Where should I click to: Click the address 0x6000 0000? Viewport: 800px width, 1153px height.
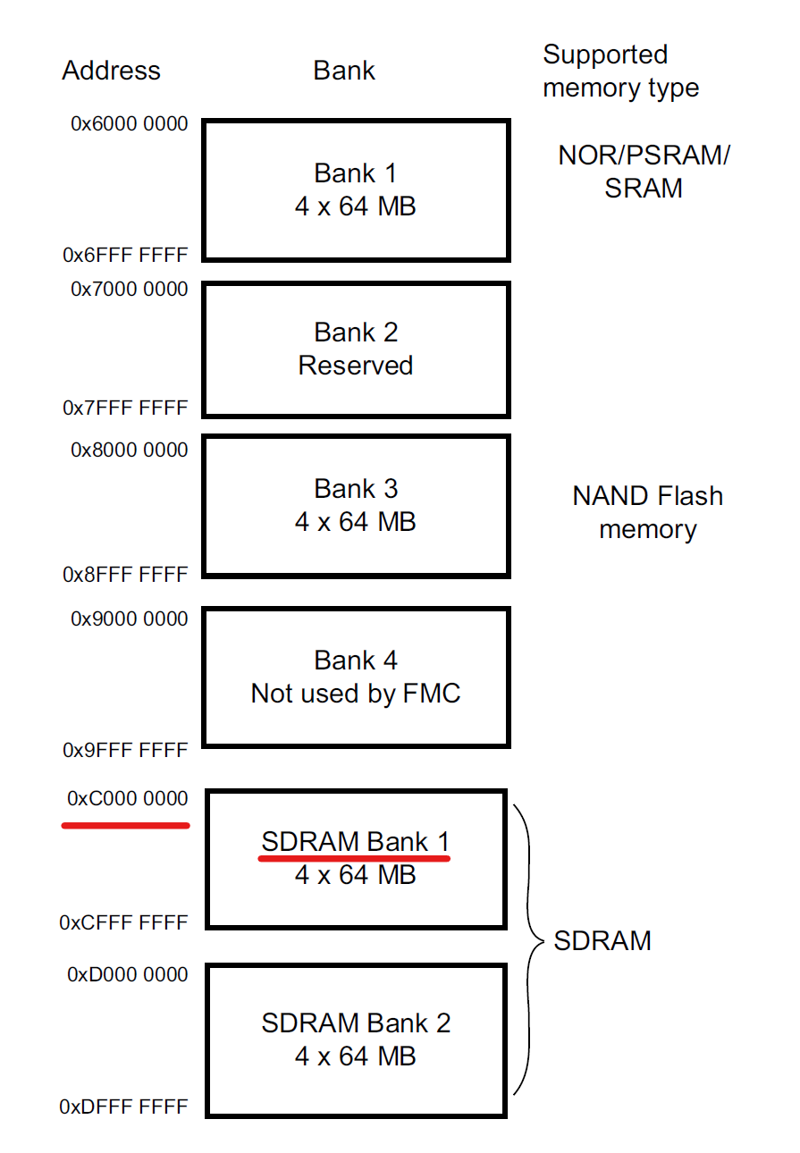(x=130, y=123)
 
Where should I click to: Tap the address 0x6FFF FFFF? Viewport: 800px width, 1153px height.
(x=125, y=255)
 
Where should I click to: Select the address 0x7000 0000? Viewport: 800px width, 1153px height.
(x=130, y=289)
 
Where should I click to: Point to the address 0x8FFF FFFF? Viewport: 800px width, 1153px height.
(x=125, y=575)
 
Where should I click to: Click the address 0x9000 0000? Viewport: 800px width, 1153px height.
(x=130, y=619)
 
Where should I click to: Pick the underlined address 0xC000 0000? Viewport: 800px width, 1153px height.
(x=128, y=798)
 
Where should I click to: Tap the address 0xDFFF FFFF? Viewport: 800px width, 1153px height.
(x=123, y=1107)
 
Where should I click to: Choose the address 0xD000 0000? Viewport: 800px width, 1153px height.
(x=128, y=974)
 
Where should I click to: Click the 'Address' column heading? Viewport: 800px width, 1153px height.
(x=111, y=71)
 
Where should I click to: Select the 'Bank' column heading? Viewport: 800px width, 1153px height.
(x=344, y=71)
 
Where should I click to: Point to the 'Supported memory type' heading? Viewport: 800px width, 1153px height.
(x=620, y=72)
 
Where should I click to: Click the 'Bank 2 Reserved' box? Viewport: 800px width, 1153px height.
(x=356, y=349)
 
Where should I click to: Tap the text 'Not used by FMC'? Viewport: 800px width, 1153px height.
(x=356, y=694)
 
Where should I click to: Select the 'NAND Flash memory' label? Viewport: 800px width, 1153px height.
(x=647, y=512)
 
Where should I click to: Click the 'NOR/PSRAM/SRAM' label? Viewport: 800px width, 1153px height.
(x=644, y=172)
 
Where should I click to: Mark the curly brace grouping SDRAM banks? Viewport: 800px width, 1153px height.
(x=529, y=943)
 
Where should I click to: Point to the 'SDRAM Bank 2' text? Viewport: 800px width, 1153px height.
(x=356, y=1023)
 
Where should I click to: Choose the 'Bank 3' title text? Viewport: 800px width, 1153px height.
(x=356, y=489)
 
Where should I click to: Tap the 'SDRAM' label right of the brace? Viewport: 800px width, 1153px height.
(x=602, y=940)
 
